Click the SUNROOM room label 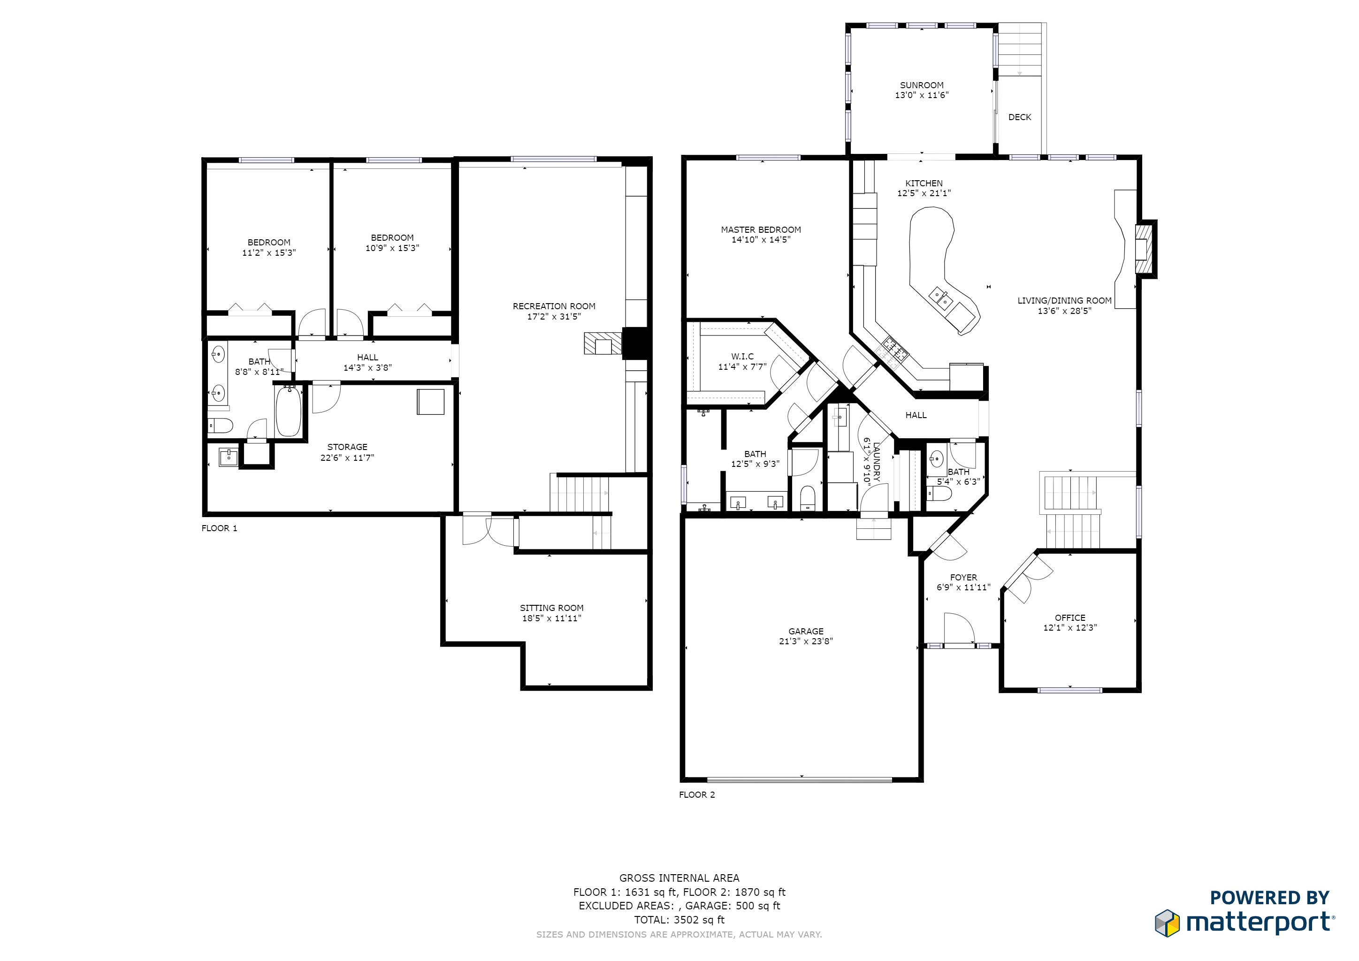(922, 85)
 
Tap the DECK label (1019, 117)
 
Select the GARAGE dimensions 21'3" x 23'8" (806, 641)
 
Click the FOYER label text (963, 577)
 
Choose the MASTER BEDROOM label (761, 229)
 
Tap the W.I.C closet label (742, 356)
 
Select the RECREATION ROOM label (553, 306)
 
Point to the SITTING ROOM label (551, 608)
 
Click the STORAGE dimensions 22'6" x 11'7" (347, 458)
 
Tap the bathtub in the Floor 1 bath (288, 411)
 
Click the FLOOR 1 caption (219, 528)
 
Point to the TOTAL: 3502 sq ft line (679, 920)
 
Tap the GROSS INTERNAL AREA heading (679, 878)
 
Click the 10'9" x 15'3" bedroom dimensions (392, 248)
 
